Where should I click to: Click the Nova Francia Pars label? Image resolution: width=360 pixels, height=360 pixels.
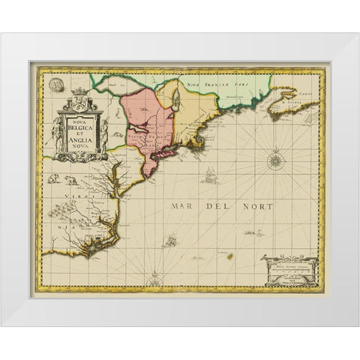[225, 84]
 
